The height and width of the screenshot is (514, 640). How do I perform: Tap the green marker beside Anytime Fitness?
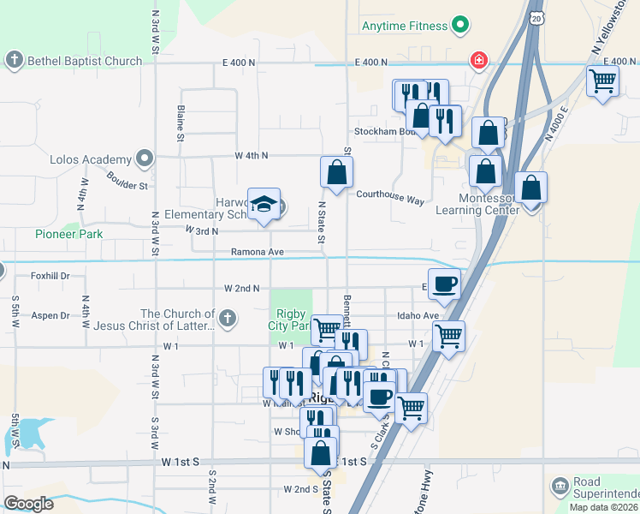point(460,27)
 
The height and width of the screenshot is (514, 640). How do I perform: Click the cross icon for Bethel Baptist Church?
point(14,60)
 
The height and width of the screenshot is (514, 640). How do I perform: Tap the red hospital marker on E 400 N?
point(478,60)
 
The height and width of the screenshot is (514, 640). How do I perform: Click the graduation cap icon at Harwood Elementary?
point(264,204)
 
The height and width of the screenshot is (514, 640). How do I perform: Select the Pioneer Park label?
point(68,234)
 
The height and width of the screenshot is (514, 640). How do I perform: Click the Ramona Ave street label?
point(256,252)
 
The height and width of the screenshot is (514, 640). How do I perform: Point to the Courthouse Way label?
point(390,200)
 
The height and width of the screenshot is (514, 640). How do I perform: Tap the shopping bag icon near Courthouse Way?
point(337,172)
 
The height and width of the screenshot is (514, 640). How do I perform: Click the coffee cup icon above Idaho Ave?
point(444,283)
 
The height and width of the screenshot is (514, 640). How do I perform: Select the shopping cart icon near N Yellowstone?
point(603,81)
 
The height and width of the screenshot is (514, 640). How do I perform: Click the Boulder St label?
point(127,181)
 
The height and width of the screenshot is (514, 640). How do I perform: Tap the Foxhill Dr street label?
point(50,276)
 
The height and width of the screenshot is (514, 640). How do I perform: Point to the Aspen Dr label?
point(50,315)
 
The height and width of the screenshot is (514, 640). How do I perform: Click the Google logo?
point(28,504)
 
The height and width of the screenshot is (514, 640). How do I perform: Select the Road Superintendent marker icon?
point(560,487)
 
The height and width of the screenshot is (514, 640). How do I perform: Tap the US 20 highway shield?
point(536,18)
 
